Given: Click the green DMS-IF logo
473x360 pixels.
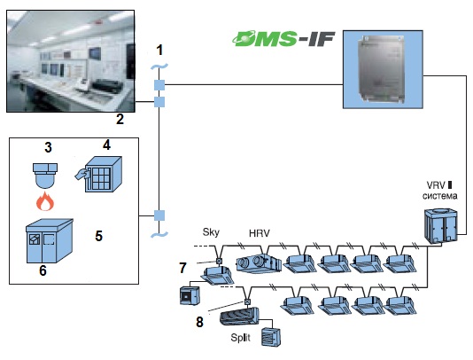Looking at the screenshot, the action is click(x=283, y=39).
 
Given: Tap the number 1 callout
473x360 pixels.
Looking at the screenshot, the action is click(x=160, y=50).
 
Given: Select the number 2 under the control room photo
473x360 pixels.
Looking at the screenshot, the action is click(x=120, y=119).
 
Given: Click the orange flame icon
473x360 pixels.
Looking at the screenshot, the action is click(x=45, y=201).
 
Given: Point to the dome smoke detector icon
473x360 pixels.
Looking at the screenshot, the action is click(x=45, y=176).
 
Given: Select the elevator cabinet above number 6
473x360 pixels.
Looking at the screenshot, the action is click(x=50, y=240).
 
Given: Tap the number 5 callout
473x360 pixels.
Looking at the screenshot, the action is click(x=98, y=236).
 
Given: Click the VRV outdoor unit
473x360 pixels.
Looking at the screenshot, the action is click(x=441, y=226).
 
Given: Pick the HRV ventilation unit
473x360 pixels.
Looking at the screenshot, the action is click(x=259, y=263).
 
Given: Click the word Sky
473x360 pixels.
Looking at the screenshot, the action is click(x=211, y=232).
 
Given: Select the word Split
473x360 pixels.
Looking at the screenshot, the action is click(x=240, y=337).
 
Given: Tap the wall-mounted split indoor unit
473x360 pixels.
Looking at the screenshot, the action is click(x=239, y=317).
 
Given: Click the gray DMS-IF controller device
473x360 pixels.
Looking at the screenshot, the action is click(x=381, y=68).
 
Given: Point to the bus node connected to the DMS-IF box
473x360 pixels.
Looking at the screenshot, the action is click(x=159, y=85).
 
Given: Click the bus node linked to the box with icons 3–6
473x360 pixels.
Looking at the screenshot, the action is click(x=159, y=215).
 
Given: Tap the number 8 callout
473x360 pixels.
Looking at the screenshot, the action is click(x=199, y=322).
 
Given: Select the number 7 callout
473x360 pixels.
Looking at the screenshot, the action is click(x=182, y=268).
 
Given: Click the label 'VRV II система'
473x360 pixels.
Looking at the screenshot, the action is click(x=439, y=191).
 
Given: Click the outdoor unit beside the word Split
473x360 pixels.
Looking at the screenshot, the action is click(x=272, y=336).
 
